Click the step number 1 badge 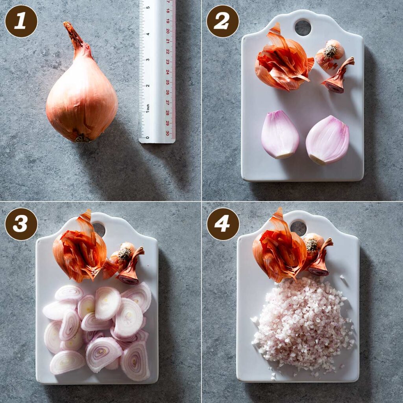(x=21, y=21)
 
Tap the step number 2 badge (x=222, y=21)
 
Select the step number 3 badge (x=21, y=224)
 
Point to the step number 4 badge (x=223, y=224)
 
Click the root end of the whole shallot (x=83, y=138)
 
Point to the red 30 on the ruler (x=168, y=133)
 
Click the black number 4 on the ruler (x=147, y=34)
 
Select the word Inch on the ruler (x=148, y=107)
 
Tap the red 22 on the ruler (x=168, y=52)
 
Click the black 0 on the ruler (x=148, y=137)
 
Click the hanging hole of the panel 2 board (x=303, y=28)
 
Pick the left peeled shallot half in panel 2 (x=279, y=134)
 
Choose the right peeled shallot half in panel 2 (x=327, y=140)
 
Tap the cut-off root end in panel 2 (x=330, y=54)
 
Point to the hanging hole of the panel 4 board (x=298, y=228)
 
